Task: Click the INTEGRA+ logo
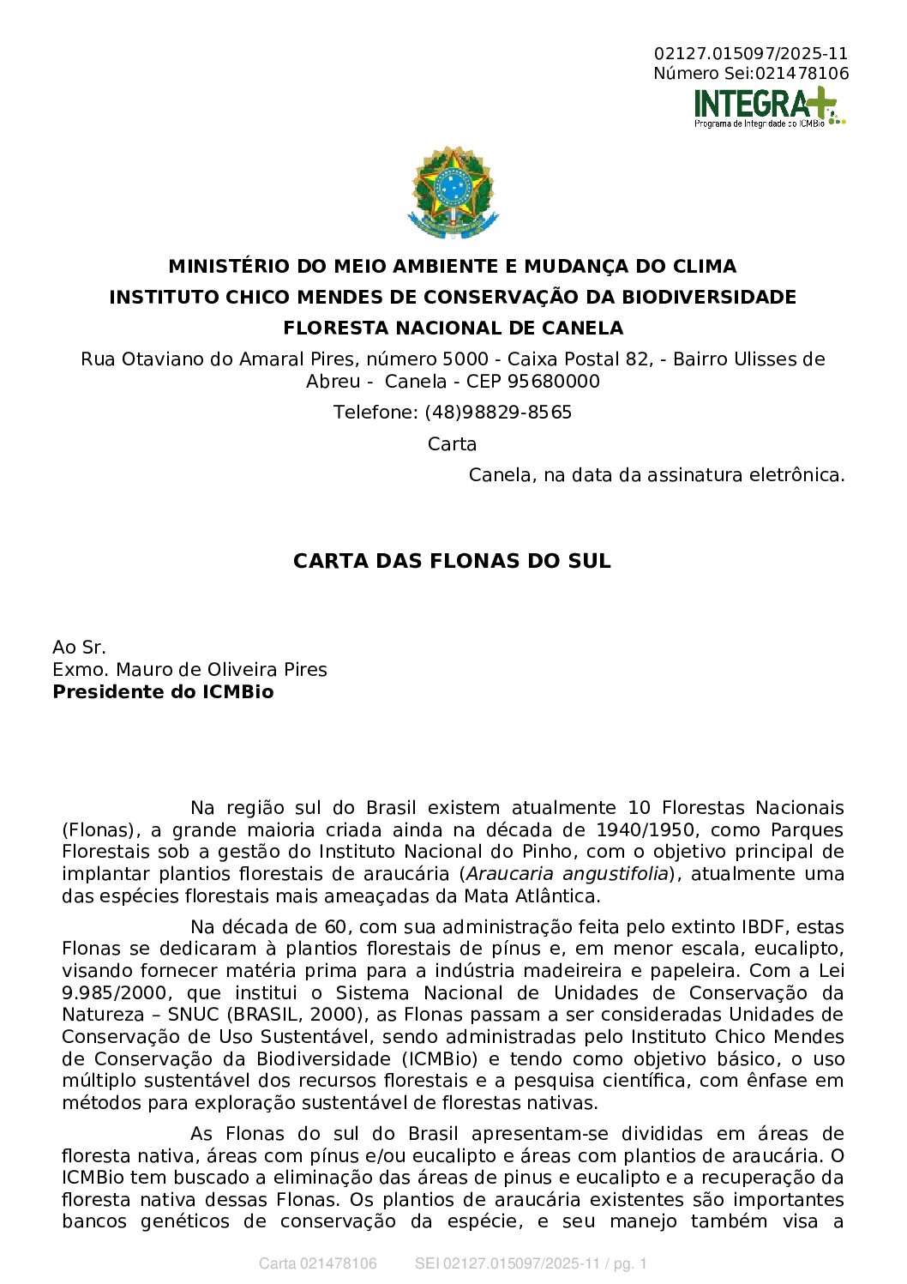point(769,106)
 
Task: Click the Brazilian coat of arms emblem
point(453,192)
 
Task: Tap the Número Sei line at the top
point(751,74)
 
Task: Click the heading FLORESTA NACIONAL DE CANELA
point(453,329)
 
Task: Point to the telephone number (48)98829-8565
point(498,413)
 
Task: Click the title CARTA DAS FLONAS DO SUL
point(452,561)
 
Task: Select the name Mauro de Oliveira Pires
point(221,670)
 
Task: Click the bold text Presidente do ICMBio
point(163,692)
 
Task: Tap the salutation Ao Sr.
point(79,648)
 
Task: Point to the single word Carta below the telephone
point(452,444)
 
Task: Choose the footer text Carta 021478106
point(317,1263)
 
